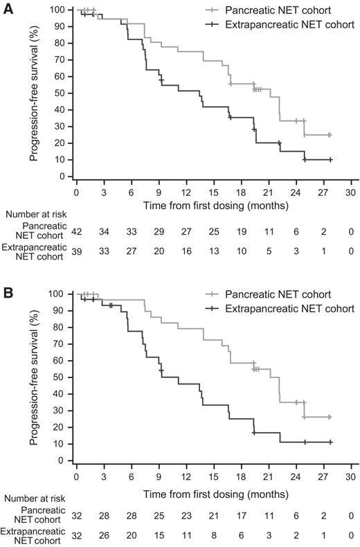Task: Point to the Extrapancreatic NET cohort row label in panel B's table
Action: pyautogui.click(x=33, y=537)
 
